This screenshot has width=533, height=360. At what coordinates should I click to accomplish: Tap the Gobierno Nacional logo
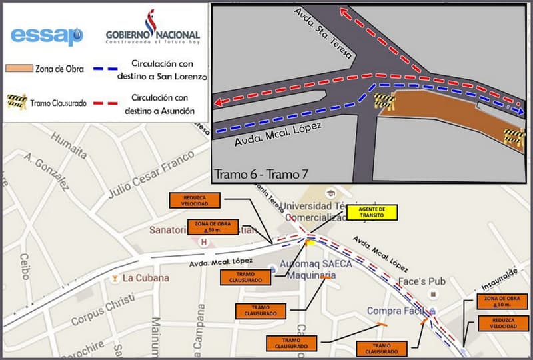(153, 30)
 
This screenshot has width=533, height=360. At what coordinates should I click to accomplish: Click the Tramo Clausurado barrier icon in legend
(17, 102)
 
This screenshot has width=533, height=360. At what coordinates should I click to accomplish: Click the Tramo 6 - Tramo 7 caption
(262, 174)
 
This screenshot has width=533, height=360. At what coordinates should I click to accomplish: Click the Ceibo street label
(25, 267)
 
